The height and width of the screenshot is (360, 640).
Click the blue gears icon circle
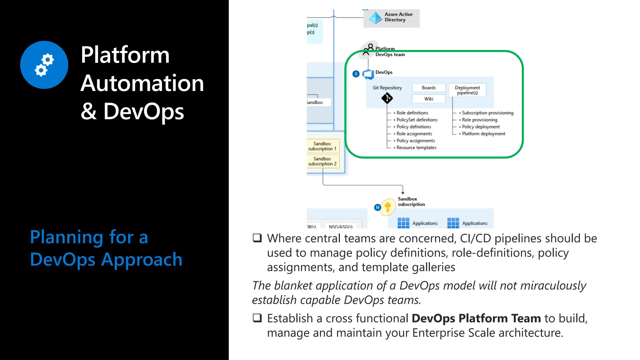(x=44, y=65)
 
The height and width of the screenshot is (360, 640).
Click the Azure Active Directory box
(x=391, y=18)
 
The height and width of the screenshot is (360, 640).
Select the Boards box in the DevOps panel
(x=428, y=88)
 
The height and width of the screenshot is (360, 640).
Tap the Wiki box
(x=428, y=99)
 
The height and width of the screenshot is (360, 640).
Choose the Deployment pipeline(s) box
(x=467, y=90)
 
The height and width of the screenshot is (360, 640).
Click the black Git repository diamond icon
(x=387, y=98)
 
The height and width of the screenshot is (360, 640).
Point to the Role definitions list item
(x=412, y=113)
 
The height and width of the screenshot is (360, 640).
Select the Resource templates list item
(x=416, y=147)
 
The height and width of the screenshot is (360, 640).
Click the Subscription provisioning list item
(x=487, y=113)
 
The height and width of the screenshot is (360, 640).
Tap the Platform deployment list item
(x=483, y=134)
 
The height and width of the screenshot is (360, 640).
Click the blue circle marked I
(x=356, y=74)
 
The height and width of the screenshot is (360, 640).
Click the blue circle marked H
(x=377, y=207)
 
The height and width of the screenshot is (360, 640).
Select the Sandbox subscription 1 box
(x=322, y=146)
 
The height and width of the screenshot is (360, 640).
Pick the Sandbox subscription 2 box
(x=322, y=161)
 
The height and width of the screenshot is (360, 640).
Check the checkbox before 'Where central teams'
(x=257, y=238)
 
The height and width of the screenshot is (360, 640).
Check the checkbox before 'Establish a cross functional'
(x=257, y=318)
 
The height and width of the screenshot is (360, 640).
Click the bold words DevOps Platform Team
(x=476, y=318)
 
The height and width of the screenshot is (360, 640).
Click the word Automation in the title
(x=142, y=83)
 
